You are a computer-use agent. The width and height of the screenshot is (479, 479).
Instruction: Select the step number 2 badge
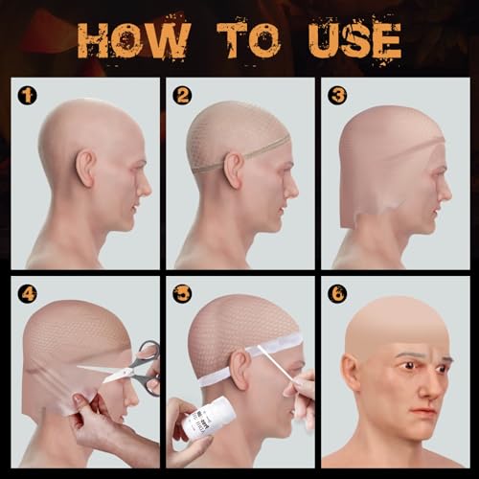(182, 95)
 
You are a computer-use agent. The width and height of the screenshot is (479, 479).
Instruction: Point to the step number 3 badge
(336, 95)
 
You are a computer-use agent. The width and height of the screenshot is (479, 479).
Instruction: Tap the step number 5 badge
(182, 293)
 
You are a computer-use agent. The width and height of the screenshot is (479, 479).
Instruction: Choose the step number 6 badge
(336, 293)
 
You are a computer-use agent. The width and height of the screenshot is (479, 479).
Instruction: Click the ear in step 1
(86, 169)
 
